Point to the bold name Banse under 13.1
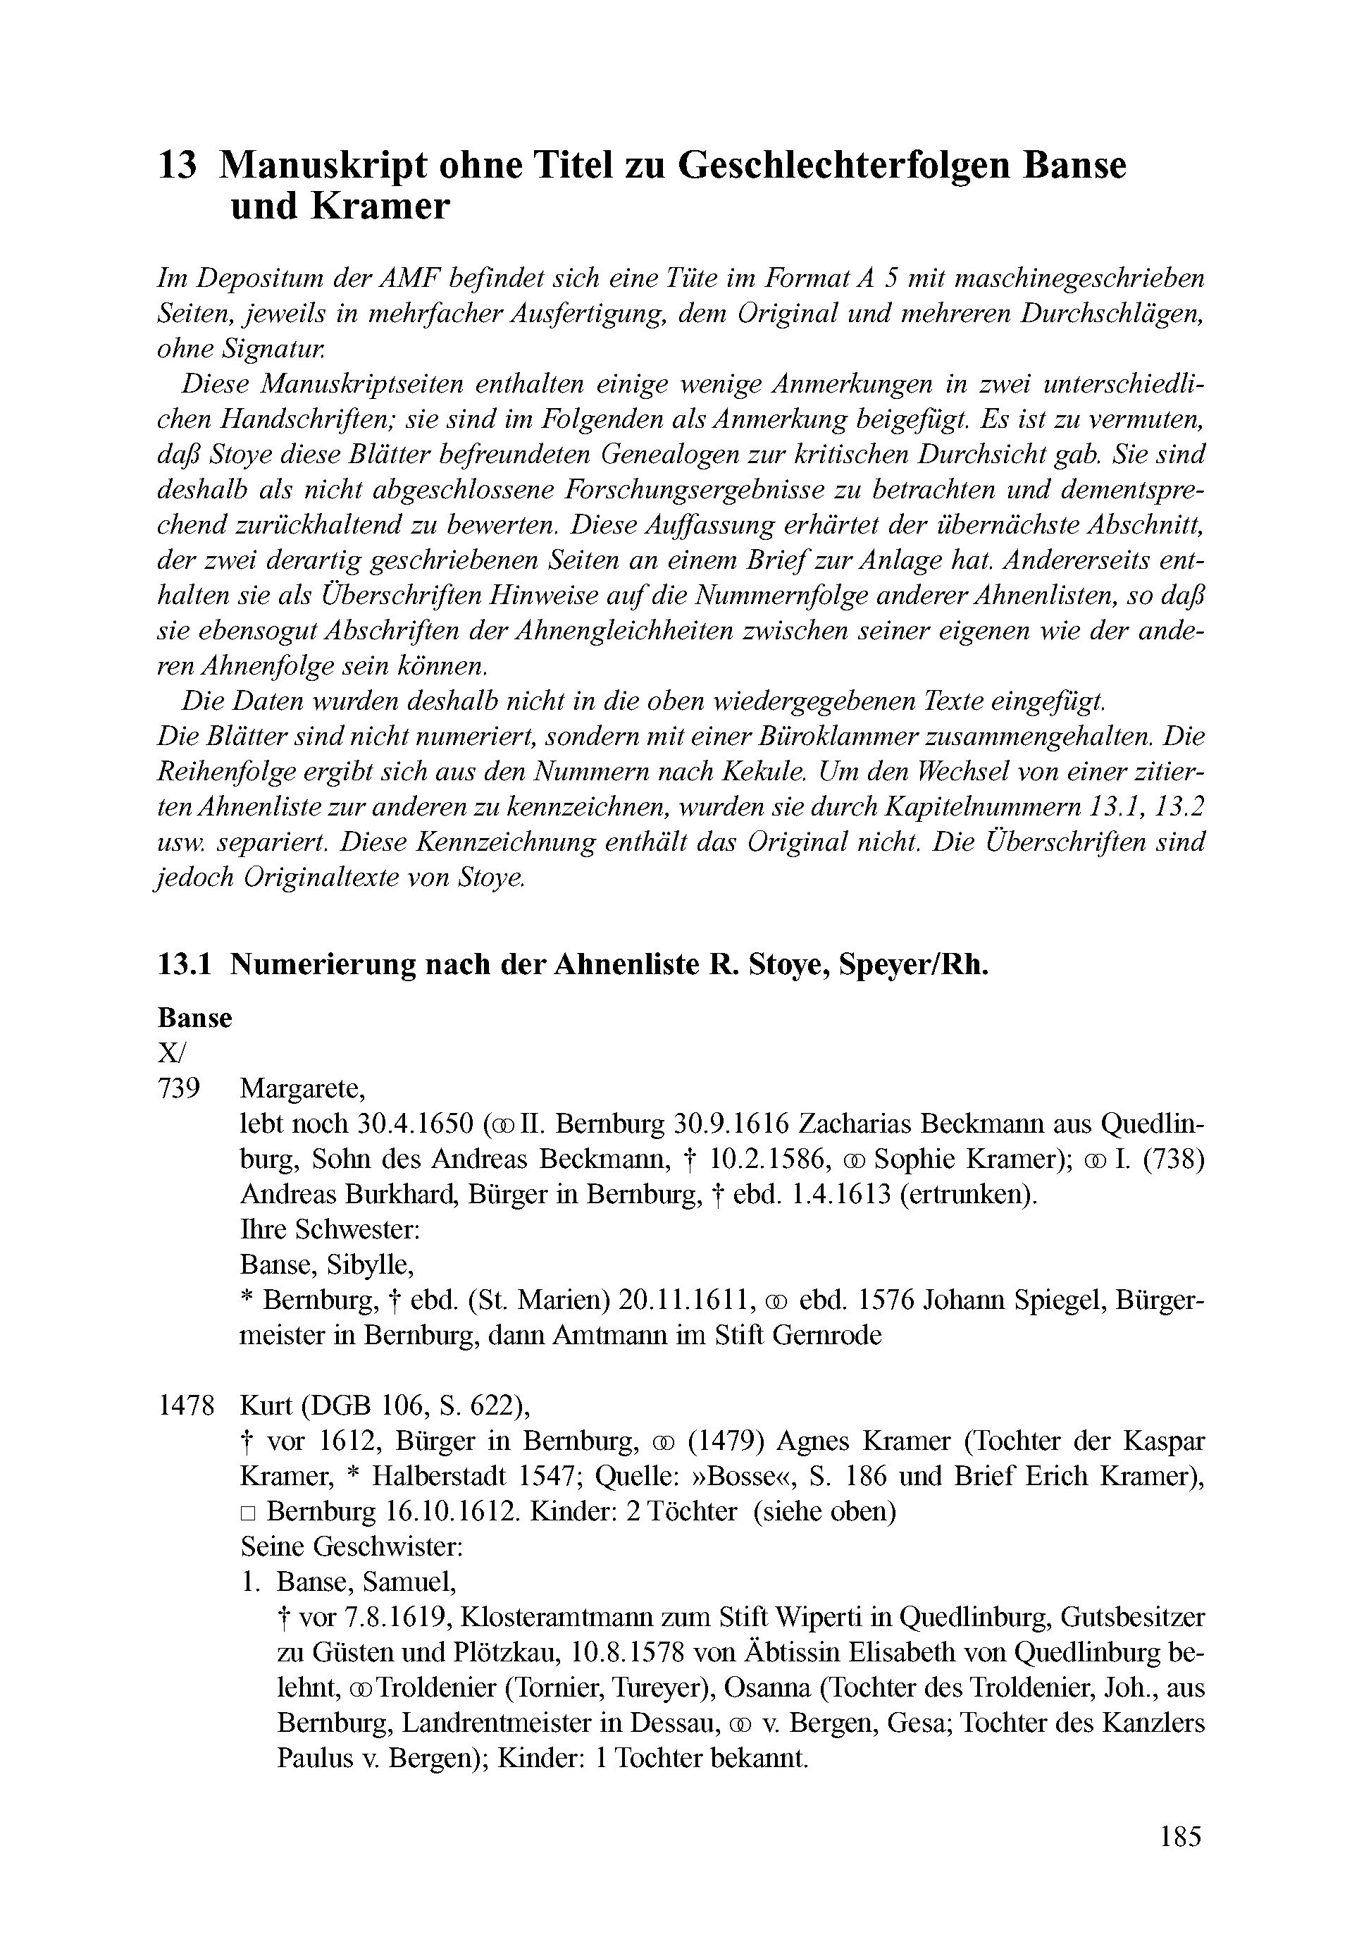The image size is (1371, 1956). click(x=194, y=1018)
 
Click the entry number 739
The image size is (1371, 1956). click(x=179, y=1088)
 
